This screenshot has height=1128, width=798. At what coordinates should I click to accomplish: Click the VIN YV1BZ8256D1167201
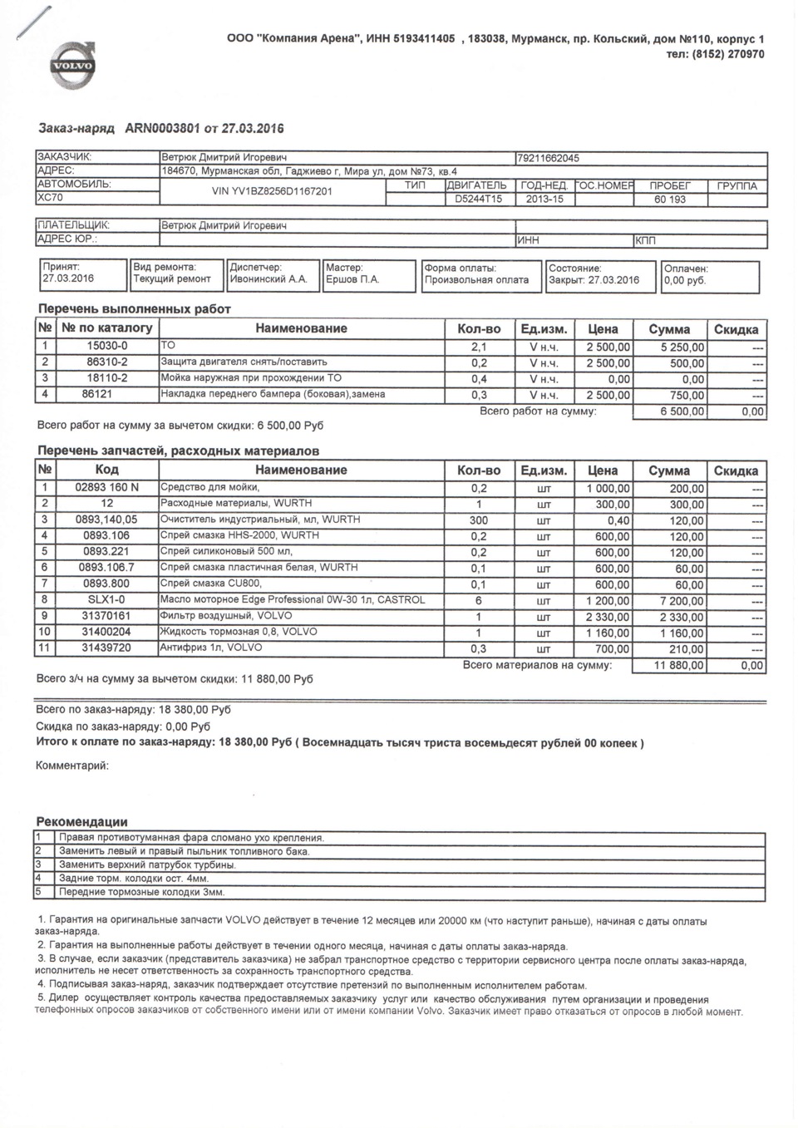point(273,191)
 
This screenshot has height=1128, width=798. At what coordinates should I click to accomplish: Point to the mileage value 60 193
point(669,199)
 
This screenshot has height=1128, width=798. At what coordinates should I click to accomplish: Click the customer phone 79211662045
point(549,158)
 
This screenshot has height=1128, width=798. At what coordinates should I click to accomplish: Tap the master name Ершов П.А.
point(353,280)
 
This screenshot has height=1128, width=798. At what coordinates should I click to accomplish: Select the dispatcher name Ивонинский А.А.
point(268,280)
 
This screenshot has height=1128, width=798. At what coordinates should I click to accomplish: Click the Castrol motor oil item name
point(292,600)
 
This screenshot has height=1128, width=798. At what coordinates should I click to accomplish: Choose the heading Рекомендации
point(81,822)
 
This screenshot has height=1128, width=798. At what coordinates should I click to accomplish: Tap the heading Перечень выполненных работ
point(134,309)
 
